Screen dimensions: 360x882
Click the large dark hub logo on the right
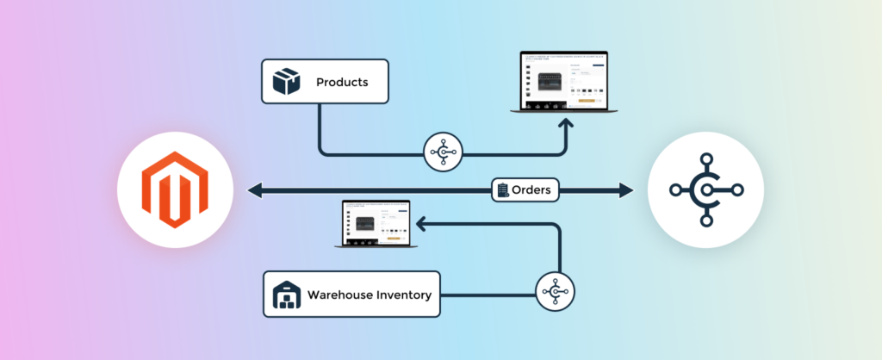point(705,190)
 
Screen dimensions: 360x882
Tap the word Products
point(342,83)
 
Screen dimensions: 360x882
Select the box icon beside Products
point(285,83)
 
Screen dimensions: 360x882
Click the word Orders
point(531,189)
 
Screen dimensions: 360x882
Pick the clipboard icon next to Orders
point(502,189)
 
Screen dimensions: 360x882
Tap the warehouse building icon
point(285,295)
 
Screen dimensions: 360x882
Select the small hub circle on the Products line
point(444,155)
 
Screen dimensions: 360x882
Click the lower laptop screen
point(376,222)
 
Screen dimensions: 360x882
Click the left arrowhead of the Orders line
point(253,190)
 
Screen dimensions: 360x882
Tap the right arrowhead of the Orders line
point(625,190)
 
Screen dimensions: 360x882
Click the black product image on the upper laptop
point(555,83)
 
